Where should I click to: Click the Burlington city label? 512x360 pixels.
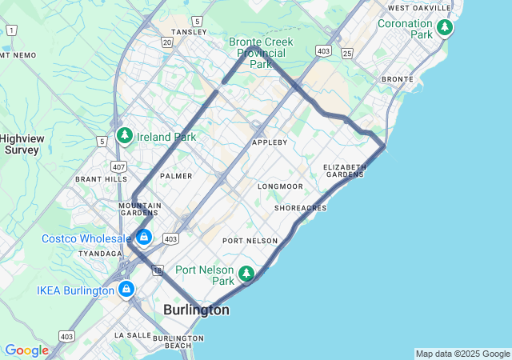[x=196, y=310]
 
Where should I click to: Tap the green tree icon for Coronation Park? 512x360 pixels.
[x=445, y=28]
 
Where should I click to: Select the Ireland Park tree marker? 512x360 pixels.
[x=124, y=136]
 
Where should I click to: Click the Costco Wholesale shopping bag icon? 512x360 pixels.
[x=144, y=237]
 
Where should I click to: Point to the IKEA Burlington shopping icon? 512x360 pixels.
[x=126, y=289]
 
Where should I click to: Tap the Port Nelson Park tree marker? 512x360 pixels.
[x=247, y=274]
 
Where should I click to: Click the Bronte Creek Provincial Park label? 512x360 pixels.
[x=261, y=52]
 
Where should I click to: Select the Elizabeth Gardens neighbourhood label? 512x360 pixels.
[x=344, y=170]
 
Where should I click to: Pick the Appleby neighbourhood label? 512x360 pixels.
[x=270, y=142]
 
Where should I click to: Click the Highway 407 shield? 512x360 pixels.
[x=118, y=167]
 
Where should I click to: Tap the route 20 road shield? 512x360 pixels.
[x=166, y=42]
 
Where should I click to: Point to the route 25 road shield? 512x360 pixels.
[x=346, y=52]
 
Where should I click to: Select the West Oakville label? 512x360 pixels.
[x=420, y=8]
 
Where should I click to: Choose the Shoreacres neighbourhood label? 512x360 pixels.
[x=300, y=208]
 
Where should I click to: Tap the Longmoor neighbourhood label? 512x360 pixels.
[x=280, y=186]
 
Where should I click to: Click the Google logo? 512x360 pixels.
[x=26, y=350]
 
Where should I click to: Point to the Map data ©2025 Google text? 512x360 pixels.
[x=462, y=354]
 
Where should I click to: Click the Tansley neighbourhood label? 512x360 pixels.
[x=189, y=32]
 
